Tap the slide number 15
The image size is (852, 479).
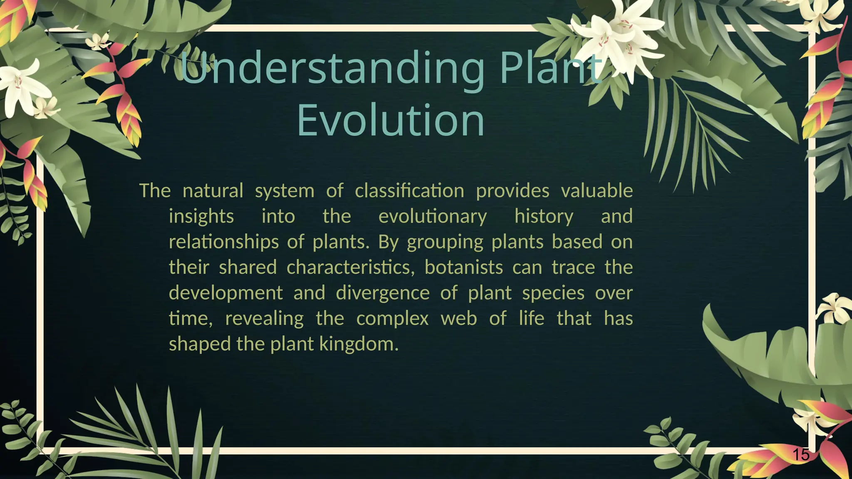800,454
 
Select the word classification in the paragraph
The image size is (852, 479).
409,191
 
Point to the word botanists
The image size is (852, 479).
463,267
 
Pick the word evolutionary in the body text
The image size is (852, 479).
432,217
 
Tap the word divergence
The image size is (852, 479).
382,293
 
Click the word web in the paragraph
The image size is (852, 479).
458,319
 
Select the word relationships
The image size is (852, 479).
223,242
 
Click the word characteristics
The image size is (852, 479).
350,267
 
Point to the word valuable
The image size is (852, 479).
597,191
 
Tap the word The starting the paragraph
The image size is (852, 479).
155,191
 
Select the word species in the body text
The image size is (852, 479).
553,293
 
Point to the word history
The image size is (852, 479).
544,217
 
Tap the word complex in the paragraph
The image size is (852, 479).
392,319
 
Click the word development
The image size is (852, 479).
225,293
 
